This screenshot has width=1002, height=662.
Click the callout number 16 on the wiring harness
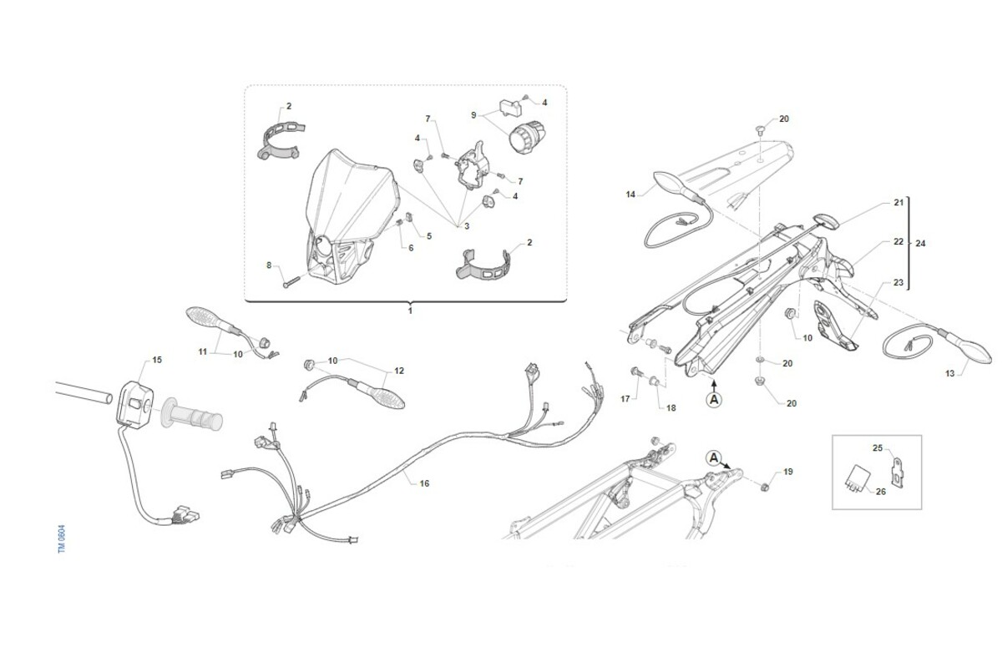tap(424, 483)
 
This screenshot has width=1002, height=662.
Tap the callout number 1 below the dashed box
tap(410, 311)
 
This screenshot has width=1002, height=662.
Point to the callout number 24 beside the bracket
tap(920, 243)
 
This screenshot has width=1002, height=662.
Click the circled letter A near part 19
tap(714, 457)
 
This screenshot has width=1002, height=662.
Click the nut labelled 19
tap(764, 486)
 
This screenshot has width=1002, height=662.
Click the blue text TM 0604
tap(62, 539)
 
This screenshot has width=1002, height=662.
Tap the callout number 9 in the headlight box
tap(473, 115)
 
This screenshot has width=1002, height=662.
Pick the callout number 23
tap(898, 282)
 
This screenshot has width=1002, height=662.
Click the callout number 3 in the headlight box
tap(467, 226)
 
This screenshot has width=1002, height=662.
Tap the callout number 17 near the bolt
tap(625, 398)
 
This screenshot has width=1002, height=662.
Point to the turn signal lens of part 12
tap(387, 397)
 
